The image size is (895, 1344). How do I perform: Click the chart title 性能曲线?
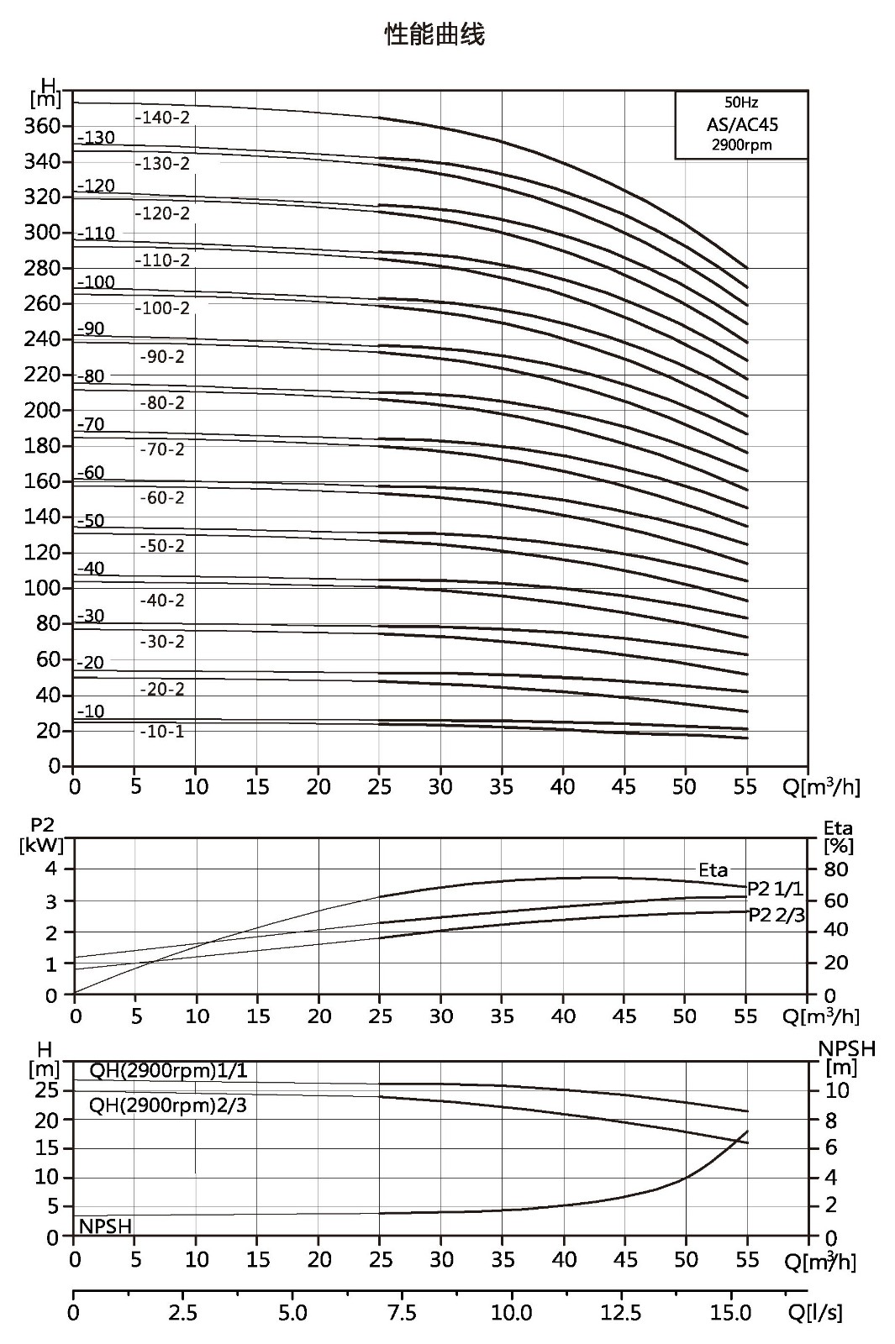point(434,34)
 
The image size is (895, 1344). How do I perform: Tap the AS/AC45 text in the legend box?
point(742,124)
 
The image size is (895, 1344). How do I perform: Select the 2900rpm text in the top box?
point(742,144)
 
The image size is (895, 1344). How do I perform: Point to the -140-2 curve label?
point(163,117)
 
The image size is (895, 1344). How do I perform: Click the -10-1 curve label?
point(162,732)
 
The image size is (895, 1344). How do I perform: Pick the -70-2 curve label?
point(162,449)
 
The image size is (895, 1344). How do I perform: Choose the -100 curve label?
point(96,281)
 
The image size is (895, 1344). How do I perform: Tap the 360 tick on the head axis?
point(42,127)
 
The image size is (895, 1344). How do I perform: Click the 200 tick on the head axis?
point(42,411)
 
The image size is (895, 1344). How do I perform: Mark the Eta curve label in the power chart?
point(713,870)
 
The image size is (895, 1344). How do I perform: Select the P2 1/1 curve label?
point(774,889)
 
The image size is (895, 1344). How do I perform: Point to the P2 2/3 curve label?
point(777,916)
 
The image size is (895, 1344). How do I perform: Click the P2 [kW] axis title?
point(42,836)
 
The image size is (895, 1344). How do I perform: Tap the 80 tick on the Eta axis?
point(836,869)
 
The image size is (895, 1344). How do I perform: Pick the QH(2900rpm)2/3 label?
point(168,1105)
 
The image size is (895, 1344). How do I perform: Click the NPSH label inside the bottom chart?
point(105,1221)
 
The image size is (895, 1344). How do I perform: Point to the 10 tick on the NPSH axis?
point(837,1090)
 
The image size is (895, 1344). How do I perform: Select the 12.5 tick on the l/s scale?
point(621,1314)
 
